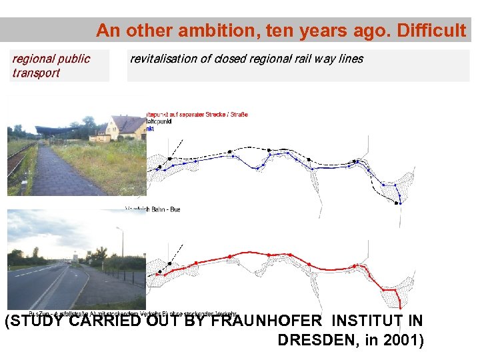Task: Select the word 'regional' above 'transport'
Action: tap(33, 59)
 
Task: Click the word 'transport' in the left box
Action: tap(36, 73)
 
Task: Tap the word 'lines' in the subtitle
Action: tap(351, 59)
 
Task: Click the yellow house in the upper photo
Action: tap(123, 128)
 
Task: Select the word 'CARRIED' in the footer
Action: tap(109, 322)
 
